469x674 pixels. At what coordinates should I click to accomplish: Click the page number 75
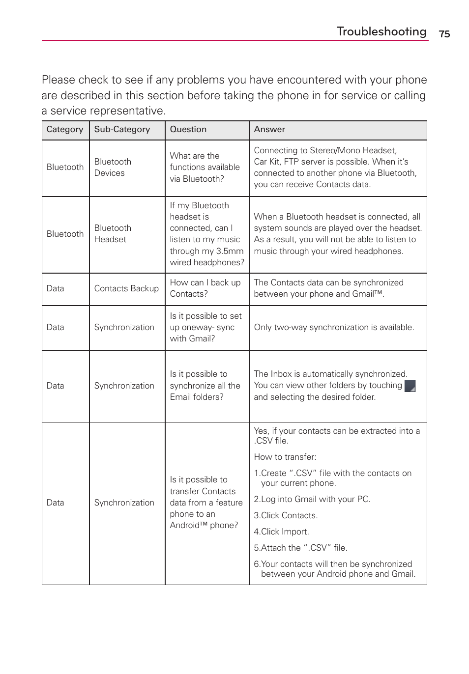click(x=444, y=34)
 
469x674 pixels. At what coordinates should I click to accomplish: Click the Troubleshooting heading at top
click(x=381, y=31)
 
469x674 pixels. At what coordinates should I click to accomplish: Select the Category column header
click(x=65, y=130)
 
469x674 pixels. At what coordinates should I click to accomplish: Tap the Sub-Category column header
click(x=122, y=130)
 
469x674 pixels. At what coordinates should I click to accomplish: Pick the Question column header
click(x=188, y=130)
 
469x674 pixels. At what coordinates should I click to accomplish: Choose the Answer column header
click(x=269, y=130)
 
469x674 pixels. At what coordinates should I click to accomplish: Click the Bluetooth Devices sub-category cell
click(x=113, y=168)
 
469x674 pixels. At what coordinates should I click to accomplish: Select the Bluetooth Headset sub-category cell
click(x=113, y=234)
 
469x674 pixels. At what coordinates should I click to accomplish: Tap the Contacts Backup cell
click(x=126, y=289)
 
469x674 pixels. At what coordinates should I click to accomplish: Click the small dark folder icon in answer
click(x=410, y=386)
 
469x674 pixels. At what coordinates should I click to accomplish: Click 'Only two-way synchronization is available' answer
click(x=334, y=328)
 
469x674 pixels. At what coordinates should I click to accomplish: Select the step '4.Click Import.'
click(x=281, y=532)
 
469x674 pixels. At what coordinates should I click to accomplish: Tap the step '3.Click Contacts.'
click(x=286, y=516)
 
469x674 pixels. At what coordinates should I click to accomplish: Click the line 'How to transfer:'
click(x=285, y=457)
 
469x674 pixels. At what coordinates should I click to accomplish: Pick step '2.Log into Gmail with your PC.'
click(x=312, y=500)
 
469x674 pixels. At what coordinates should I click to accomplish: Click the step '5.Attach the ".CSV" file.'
click(x=300, y=548)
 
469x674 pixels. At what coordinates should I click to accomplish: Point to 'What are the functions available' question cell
click(x=205, y=168)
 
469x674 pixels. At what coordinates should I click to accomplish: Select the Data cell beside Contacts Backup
click(x=56, y=289)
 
